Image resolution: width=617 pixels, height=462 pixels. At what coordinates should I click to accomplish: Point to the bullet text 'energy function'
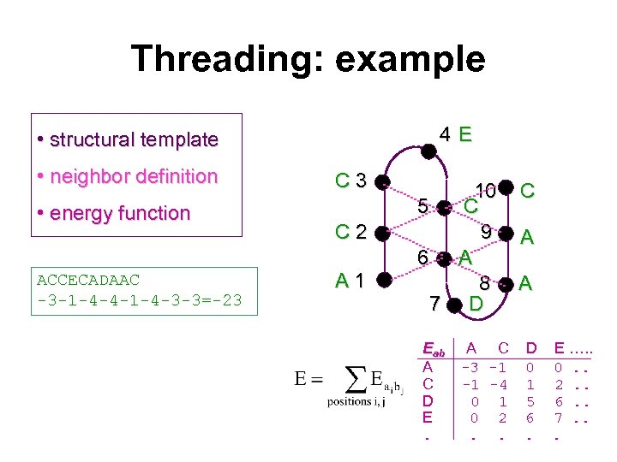pos(121,213)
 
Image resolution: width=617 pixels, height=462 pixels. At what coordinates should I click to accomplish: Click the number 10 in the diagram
pos(486,189)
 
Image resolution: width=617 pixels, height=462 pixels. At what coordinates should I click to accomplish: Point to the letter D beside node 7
pos(476,303)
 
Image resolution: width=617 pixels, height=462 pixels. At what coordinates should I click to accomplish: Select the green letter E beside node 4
pos(464,134)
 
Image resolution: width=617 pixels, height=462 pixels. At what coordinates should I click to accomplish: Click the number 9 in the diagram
pos(486,231)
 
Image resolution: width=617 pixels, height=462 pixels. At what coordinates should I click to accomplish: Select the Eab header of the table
pos(434,350)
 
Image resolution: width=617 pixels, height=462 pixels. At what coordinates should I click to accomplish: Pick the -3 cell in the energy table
pos(470,368)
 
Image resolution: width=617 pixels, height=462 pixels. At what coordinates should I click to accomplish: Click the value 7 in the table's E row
pos(560,418)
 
